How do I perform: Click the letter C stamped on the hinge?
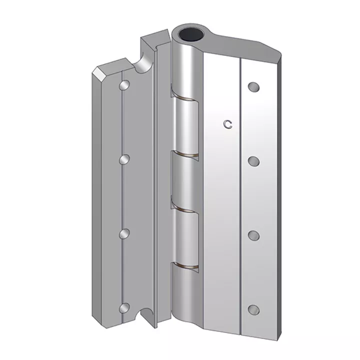pyautogui.click(x=228, y=124)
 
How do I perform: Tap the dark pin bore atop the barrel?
pyautogui.click(x=191, y=35)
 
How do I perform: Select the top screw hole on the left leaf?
pyautogui.click(x=124, y=84)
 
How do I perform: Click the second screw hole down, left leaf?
pyautogui.click(x=124, y=159)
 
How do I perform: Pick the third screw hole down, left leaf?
pyautogui.click(x=124, y=233)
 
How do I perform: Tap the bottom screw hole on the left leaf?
pyautogui.click(x=124, y=307)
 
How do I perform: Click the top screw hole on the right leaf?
pyautogui.click(x=253, y=87)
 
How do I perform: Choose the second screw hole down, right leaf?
pyautogui.click(x=253, y=161)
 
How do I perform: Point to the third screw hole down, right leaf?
pyautogui.click(x=253, y=235)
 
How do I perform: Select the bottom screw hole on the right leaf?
pyautogui.click(x=253, y=309)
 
